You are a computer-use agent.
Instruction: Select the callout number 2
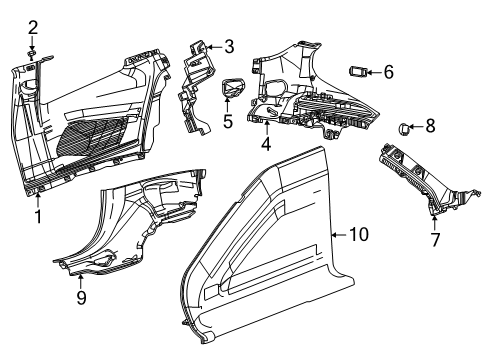pyautogui.click(x=33, y=26)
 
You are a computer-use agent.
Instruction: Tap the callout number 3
pyautogui.click(x=229, y=45)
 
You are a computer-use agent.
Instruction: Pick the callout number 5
pyautogui.click(x=227, y=122)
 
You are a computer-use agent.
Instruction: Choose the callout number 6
pyautogui.click(x=388, y=71)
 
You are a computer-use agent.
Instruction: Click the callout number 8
pyautogui.click(x=430, y=127)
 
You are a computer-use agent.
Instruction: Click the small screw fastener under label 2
pyautogui.click(x=33, y=51)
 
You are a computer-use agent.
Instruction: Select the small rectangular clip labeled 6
pyautogui.click(x=358, y=71)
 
